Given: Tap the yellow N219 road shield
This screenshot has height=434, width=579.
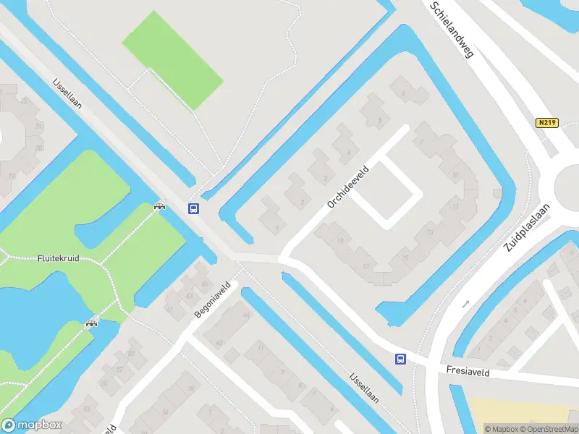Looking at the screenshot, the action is (x=548, y=123).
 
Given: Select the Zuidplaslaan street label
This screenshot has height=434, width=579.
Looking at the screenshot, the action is (x=528, y=227).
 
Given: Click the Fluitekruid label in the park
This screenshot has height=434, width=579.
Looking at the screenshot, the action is (x=58, y=258).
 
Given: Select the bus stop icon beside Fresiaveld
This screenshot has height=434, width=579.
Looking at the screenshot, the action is (x=400, y=359).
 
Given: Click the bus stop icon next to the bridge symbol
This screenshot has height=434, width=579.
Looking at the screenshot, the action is (x=194, y=209).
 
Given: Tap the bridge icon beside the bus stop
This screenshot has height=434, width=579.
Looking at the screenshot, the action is (x=159, y=206).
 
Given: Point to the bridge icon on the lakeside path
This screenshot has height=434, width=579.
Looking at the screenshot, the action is (x=92, y=323).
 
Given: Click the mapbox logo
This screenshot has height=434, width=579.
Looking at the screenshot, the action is (x=32, y=425).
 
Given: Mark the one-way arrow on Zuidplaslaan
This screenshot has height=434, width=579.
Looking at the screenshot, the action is (x=466, y=303).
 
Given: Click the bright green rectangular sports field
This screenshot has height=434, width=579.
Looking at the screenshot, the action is (x=172, y=59).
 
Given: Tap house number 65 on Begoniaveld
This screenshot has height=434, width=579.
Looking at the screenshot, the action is (x=205, y=285).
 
